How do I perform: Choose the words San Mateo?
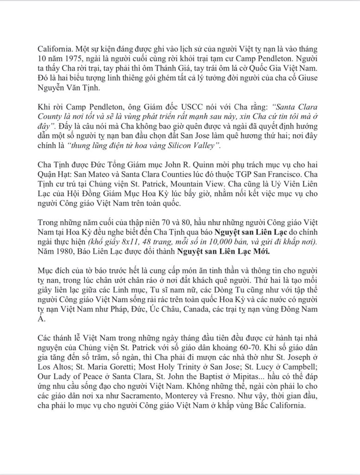[90, 176]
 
